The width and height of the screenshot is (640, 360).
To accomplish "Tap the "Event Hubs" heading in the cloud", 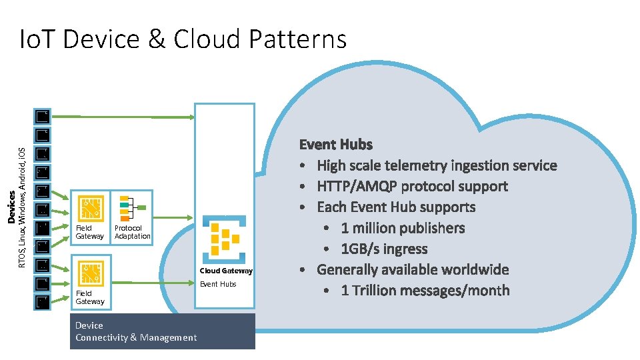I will pos(335,144).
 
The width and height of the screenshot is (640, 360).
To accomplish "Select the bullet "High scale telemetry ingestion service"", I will pos(437,165).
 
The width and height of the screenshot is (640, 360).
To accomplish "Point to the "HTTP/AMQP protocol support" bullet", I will pos(412,186).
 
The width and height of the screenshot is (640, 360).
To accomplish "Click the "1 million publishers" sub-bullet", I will pos(403,228).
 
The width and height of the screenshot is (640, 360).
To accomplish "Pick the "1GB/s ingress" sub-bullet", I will pos(384,249).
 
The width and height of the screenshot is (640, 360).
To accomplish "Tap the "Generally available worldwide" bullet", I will pos(413,269).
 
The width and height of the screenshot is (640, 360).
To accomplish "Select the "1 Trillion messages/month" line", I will pos(425,291).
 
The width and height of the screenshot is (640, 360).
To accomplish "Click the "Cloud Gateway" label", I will pos(226,271).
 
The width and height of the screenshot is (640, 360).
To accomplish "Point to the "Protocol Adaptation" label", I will pos(132,232).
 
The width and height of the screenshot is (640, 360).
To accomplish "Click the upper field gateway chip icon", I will pos(90,208).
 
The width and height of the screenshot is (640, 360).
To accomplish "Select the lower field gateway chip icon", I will pos(90,273).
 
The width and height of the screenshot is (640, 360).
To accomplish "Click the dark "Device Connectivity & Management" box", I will pos(163,331).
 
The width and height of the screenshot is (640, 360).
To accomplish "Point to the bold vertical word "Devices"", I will pos(11,207).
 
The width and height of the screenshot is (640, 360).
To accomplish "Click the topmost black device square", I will pos(43,117).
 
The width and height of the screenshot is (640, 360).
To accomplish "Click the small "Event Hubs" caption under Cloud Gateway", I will pos(219,285).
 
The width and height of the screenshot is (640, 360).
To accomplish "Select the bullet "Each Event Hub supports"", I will pos(396,207).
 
